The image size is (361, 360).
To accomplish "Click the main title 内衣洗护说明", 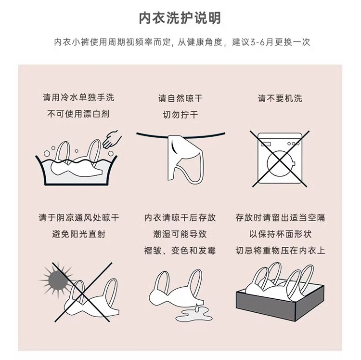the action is tap(180, 18).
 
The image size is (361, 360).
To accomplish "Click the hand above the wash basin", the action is tap(112, 139).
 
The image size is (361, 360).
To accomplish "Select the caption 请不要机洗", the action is tap(280, 98).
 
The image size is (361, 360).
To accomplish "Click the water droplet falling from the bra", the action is tap(197, 307).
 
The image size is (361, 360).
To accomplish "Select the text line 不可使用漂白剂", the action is tap(78, 114).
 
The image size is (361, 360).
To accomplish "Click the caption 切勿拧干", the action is tap(180, 115).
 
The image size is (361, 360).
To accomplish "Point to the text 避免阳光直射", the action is tap(78, 234).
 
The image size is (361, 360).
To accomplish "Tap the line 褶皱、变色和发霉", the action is tap(180, 251).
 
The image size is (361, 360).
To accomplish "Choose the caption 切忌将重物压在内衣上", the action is tap(280, 251).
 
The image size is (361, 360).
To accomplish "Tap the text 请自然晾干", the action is tap(180, 98).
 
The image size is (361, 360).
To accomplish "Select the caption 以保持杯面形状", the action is tap(280, 234).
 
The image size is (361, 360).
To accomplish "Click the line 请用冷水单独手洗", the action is tap(78, 97).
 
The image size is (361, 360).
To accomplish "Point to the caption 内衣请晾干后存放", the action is tap(180, 217).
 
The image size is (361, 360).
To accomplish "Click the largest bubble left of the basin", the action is tap(47, 154).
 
